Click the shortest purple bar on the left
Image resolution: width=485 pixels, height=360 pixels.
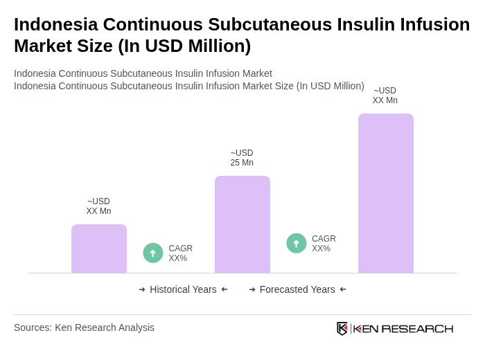(x=99, y=249)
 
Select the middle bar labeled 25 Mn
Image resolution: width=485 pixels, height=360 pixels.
(x=242, y=224)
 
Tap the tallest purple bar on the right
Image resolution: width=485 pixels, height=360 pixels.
(x=386, y=193)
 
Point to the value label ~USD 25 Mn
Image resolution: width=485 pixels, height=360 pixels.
(x=242, y=158)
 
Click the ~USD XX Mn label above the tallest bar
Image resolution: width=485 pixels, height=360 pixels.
(x=385, y=96)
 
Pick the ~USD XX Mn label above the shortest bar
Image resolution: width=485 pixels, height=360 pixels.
(x=98, y=206)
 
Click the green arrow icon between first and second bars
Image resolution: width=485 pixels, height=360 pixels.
(x=153, y=253)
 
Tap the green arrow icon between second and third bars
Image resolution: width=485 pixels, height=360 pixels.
(x=297, y=244)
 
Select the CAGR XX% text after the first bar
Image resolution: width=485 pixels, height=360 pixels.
(x=180, y=253)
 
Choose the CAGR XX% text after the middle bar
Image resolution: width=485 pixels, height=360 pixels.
(x=324, y=244)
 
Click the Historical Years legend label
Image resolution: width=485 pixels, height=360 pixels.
(x=183, y=289)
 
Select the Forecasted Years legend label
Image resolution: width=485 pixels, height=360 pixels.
(x=297, y=289)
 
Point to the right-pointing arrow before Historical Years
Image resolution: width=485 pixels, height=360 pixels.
(x=142, y=289)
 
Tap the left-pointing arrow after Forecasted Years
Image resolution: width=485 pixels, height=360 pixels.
(x=343, y=289)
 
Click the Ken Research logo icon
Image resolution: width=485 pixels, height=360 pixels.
(x=342, y=328)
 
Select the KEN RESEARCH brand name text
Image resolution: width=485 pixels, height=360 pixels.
(x=403, y=329)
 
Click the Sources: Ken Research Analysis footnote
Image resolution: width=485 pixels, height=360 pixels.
(x=84, y=327)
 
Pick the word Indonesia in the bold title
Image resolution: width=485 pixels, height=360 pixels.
(x=58, y=24)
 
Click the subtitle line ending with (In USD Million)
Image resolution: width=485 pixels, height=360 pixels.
(x=188, y=86)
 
